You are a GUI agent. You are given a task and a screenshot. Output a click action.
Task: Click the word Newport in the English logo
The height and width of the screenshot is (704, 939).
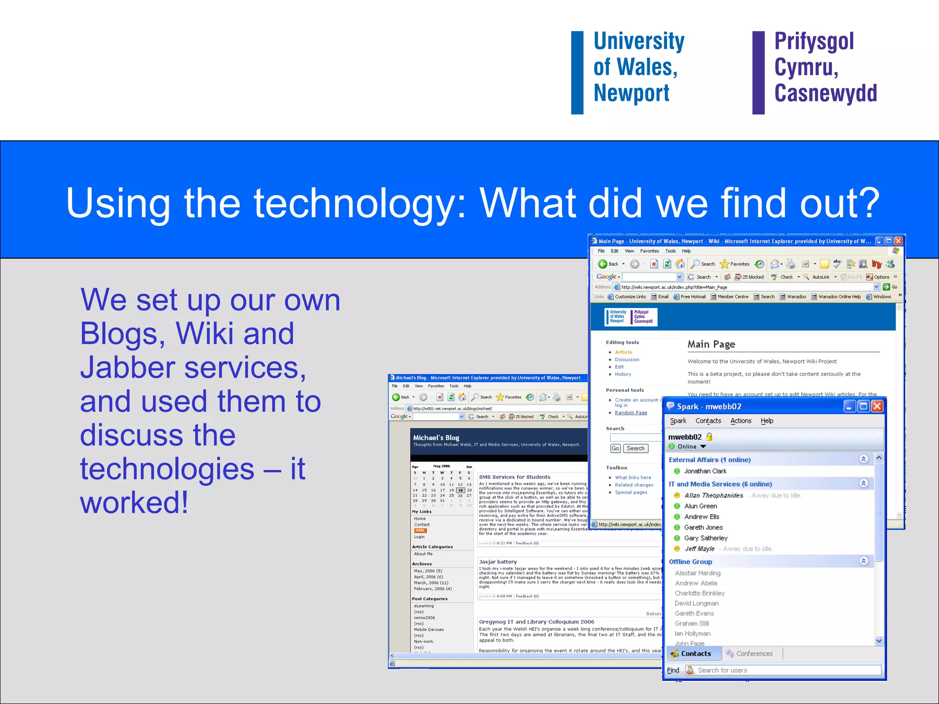pos(631,93)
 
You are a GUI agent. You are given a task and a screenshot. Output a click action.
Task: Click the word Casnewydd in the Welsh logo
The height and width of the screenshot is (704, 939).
pos(825,93)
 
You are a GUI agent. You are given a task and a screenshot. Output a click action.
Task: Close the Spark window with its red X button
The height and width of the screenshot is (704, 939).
pos(877,406)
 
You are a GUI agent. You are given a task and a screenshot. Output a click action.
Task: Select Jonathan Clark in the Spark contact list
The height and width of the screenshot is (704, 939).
pos(705,471)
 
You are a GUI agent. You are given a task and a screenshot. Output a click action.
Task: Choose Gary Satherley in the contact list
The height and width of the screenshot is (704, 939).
pos(706,538)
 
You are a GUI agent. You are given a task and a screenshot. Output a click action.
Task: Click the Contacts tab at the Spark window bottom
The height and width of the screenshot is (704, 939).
pos(695,654)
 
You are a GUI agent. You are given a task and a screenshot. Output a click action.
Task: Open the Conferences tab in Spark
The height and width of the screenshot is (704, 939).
pos(754,654)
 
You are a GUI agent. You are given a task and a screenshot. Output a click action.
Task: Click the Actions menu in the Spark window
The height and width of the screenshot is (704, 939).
pos(740,421)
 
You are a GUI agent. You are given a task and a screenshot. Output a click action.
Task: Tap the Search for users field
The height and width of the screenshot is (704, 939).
pos(786,670)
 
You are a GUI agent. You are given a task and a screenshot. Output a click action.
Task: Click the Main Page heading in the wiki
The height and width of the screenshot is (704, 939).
pos(711,344)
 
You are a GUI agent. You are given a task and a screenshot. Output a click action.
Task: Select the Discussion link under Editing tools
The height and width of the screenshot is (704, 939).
pos(627,360)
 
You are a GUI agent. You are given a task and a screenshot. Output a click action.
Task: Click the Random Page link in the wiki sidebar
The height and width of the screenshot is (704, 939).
pos(631,412)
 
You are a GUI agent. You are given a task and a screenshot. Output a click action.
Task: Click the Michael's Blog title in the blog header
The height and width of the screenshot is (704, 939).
pos(436,438)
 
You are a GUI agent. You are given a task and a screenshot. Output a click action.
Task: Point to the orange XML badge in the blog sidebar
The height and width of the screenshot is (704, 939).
pos(420,531)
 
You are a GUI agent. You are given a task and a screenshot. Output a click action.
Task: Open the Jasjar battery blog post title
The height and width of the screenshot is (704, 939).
pos(497,562)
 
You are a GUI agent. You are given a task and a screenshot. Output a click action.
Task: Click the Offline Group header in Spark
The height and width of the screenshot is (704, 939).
pos(690,562)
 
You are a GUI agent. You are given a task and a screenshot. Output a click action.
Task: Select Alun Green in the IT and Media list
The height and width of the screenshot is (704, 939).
pos(700,506)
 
